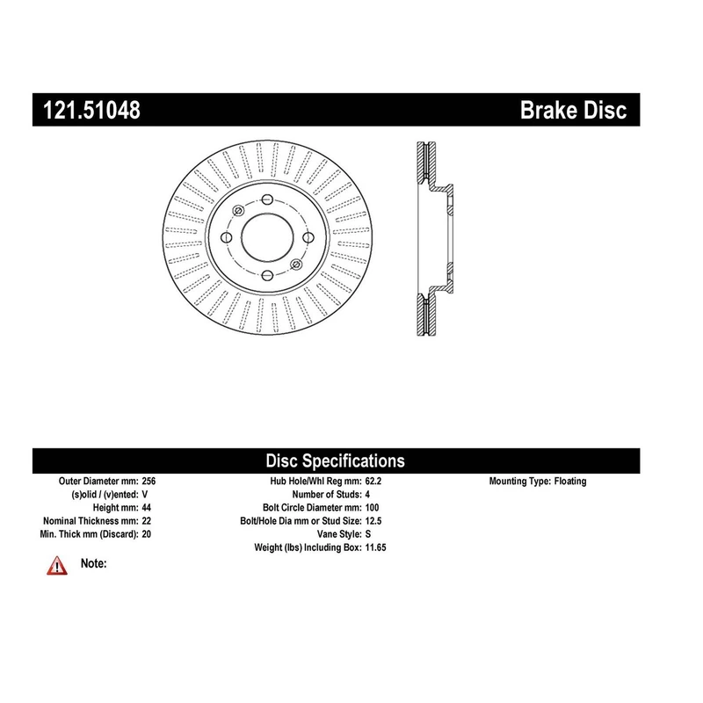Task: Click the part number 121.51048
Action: [x=91, y=110]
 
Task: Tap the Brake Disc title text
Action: [x=573, y=110]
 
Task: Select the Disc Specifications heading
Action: [x=336, y=460]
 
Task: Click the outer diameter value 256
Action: [x=149, y=481]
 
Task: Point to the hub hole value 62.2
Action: [x=373, y=481]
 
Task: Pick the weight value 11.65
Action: [x=375, y=547]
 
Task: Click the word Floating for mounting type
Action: [x=569, y=482]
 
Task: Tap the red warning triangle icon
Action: [x=57, y=566]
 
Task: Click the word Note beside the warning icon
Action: [x=94, y=563]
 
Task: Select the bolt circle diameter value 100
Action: [x=372, y=508]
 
